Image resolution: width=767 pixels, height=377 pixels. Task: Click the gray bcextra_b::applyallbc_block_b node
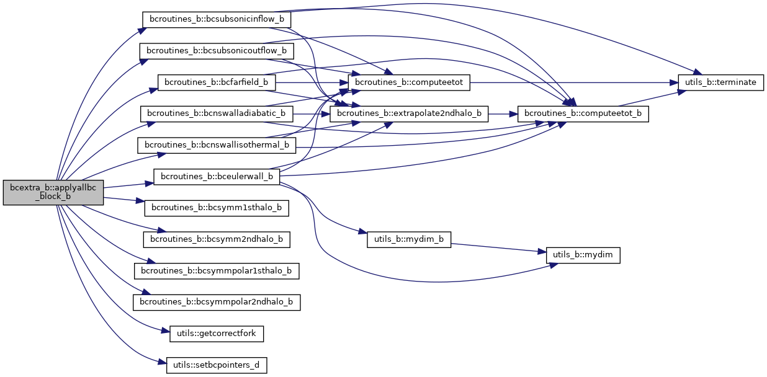tap(53, 193)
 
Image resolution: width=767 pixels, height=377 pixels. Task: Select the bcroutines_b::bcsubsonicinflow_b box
tap(217, 19)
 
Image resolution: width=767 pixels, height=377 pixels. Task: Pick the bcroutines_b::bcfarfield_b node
tap(217, 82)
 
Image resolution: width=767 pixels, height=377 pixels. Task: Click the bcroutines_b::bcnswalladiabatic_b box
tap(217, 113)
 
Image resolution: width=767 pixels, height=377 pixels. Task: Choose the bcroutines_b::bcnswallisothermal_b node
tap(217, 145)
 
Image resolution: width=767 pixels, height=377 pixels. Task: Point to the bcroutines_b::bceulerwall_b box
tap(217, 177)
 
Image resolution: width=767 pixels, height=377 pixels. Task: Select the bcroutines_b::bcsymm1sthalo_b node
tap(217, 208)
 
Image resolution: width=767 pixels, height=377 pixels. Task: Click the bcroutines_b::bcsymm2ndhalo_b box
tap(217, 239)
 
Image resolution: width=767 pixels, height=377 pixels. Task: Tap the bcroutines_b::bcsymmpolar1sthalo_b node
tap(217, 271)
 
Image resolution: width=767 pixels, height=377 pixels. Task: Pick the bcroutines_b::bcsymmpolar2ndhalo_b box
tap(217, 302)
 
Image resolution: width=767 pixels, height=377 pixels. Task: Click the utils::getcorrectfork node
tap(217, 334)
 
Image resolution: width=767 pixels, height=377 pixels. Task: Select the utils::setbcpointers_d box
tap(217, 365)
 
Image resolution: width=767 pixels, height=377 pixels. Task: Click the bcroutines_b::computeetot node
tap(410, 82)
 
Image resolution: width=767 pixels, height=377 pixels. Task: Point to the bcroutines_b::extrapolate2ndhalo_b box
tap(410, 113)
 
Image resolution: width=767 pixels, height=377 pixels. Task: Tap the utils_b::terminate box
tap(720, 82)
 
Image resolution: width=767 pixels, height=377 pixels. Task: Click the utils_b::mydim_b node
tap(410, 239)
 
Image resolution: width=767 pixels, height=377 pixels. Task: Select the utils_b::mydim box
tap(583, 255)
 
